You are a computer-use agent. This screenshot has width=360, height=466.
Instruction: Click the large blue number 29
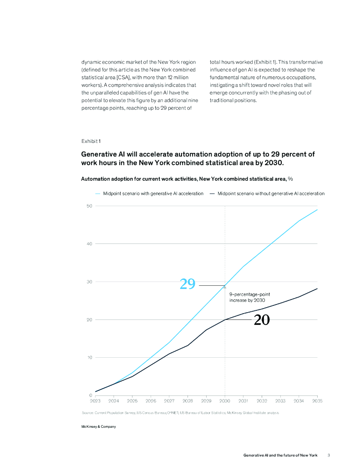(188, 284)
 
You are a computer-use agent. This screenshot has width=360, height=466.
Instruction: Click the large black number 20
(262, 320)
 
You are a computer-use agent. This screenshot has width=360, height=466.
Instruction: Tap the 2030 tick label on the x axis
(224, 401)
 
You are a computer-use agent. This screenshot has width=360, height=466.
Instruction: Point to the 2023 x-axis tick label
(95, 401)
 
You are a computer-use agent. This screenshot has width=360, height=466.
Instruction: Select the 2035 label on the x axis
(317, 401)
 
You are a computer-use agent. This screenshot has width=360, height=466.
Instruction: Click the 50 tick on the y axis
(89, 206)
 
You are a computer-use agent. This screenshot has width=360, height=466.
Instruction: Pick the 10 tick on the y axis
(89, 358)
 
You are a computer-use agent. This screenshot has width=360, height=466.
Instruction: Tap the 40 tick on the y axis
(89, 244)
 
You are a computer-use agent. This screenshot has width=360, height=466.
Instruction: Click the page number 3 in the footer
(329, 455)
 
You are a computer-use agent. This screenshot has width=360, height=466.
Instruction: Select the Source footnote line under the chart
(180, 412)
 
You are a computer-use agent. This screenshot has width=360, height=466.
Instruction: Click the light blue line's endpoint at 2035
(317, 210)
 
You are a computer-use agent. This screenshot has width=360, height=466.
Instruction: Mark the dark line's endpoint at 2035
(317, 289)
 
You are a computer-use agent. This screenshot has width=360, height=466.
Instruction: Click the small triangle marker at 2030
(224, 287)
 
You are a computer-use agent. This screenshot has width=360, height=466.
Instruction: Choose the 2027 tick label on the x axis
(169, 401)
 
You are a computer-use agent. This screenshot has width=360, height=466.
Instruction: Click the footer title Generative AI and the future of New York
(280, 455)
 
